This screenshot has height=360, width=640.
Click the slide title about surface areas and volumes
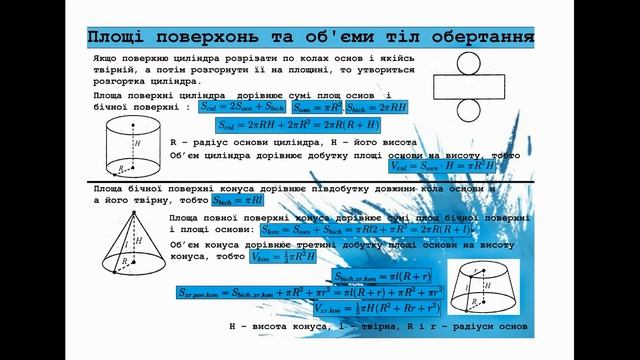[x=308, y=38]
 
